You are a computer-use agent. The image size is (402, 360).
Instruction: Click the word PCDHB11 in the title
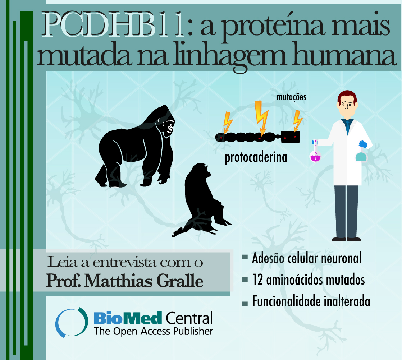pyautogui.click(x=113, y=24)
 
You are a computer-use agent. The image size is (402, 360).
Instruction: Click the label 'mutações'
pyautogui.click(x=291, y=97)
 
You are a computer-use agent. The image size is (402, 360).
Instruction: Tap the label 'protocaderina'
pyautogui.click(x=256, y=157)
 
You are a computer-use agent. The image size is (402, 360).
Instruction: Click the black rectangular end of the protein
pyautogui.click(x=291, y=137)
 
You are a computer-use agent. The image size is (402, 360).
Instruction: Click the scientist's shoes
pyautogui.click(x=346, y=239)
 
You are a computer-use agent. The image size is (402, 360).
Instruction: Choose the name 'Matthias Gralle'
pyautogui.click(x=144, y=281)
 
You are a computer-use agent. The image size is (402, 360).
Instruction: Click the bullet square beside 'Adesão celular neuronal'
pyautogui.click(x=245, y=257)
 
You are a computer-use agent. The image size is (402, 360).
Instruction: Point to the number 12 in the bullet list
pyautogui.click(x=258, y=279)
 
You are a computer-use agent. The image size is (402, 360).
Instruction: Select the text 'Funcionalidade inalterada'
pyautogui.click(x=311, y=301)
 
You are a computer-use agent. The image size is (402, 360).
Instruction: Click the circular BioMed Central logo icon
pyautogui.click(x=72, y=322)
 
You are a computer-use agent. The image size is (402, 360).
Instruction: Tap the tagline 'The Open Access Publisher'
pyautogui.click(x=153, y=331)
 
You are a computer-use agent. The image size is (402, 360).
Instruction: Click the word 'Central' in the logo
pyautogui.click(x=189, y=318)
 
